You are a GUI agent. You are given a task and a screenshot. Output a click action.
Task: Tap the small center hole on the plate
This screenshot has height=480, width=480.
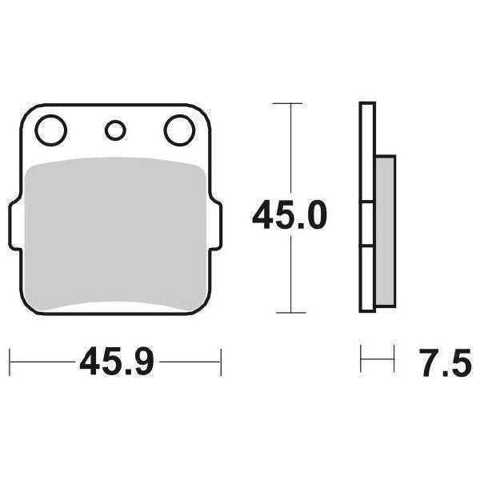(x=115, y=130)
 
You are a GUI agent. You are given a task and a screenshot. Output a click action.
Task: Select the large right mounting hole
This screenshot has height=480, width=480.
(x=179, y=130)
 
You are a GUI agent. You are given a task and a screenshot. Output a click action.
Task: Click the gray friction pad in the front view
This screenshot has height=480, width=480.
(x=114, y=232)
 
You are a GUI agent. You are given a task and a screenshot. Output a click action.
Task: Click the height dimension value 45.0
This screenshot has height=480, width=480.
(x=289, y=216)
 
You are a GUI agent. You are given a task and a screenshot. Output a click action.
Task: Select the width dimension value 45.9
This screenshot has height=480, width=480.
(x=115, y=364)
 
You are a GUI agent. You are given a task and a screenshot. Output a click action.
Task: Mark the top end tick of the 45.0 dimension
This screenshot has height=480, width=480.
(x=288, y=103)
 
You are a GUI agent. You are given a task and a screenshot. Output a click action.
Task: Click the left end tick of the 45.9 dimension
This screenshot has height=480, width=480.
(x=10, y=362)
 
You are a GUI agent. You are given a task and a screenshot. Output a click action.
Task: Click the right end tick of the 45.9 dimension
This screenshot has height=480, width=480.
(x=221, y=362)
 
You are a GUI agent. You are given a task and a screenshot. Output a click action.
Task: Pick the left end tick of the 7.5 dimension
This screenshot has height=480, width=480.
(x=362, y=359)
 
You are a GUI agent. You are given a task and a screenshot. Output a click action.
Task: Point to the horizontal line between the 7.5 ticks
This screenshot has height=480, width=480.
(x=378, y=359)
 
